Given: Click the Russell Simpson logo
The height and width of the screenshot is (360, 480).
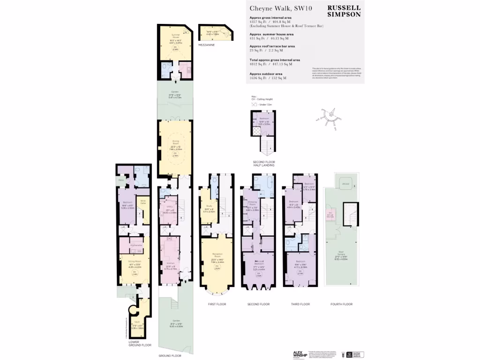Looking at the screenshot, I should (344, 11).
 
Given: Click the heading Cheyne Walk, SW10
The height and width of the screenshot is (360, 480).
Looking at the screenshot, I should (276, 8).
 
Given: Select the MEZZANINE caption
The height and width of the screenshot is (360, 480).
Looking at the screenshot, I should (206, 45).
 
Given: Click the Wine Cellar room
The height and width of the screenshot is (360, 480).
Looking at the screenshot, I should (143, 202).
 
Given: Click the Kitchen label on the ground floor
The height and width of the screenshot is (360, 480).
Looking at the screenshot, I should (169, 265).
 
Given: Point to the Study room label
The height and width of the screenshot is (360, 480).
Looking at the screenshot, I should (206, 206).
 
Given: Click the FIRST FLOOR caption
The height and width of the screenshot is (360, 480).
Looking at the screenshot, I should (217, 304).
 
